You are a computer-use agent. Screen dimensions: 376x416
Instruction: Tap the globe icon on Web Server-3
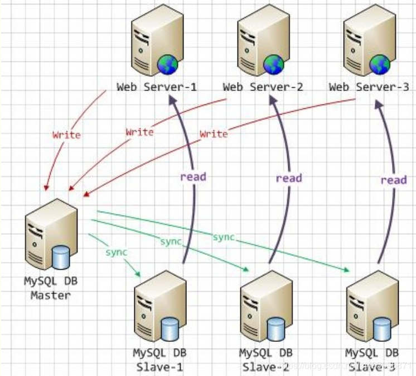(x=380, y=64)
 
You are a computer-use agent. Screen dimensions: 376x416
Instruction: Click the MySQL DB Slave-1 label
(x=159, y=360)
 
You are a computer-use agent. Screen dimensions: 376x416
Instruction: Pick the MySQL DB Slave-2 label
(x=265, y=360)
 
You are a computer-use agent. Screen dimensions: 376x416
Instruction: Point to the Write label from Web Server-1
(x=66, y=135)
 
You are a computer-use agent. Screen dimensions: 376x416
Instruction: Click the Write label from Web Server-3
(x=214, y=134)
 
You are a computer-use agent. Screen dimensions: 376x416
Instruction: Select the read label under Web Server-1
(x=193, y=177)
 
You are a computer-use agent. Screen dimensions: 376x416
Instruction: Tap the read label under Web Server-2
(x=289, y=178)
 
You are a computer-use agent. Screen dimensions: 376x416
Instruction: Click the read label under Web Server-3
(x=394, y=180)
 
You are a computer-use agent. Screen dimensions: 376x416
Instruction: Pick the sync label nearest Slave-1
(x=117, y=252)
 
